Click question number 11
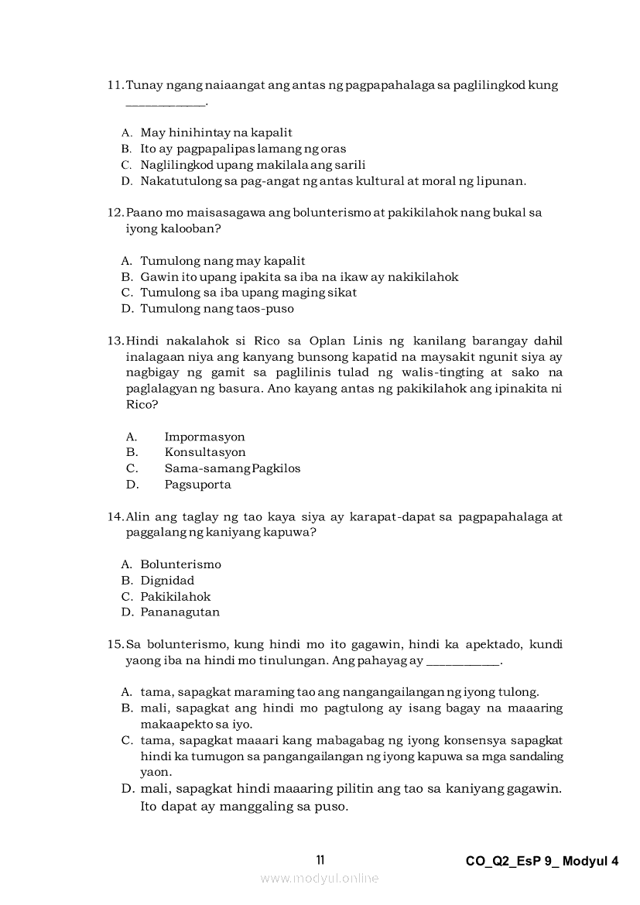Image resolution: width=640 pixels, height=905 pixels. point(115,85)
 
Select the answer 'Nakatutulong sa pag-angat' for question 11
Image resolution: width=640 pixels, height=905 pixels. point(333,181)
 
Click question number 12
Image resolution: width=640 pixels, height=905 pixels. point(115,212)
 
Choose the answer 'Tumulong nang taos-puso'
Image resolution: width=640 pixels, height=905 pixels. point(217,309)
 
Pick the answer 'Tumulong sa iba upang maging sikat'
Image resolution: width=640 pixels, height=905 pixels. point(248,293)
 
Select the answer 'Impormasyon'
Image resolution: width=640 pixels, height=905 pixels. point(204,437)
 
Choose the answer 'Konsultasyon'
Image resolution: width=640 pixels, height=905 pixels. point(205,452)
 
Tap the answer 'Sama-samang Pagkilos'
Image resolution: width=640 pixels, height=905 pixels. point(232,468)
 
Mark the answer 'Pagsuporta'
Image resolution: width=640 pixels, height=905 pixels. point(197,485)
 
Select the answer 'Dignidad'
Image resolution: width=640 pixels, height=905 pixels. point(167,581)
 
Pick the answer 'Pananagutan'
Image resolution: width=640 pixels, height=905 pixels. point(180,612)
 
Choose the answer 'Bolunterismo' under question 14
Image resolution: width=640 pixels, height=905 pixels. point(180,564)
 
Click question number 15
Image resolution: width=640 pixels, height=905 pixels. point(115,644)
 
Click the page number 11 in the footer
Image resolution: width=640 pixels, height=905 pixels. point(320,860)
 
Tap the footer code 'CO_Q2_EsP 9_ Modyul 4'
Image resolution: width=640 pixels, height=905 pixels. point(542,861)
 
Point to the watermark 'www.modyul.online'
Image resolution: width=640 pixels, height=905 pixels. point(320,878)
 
